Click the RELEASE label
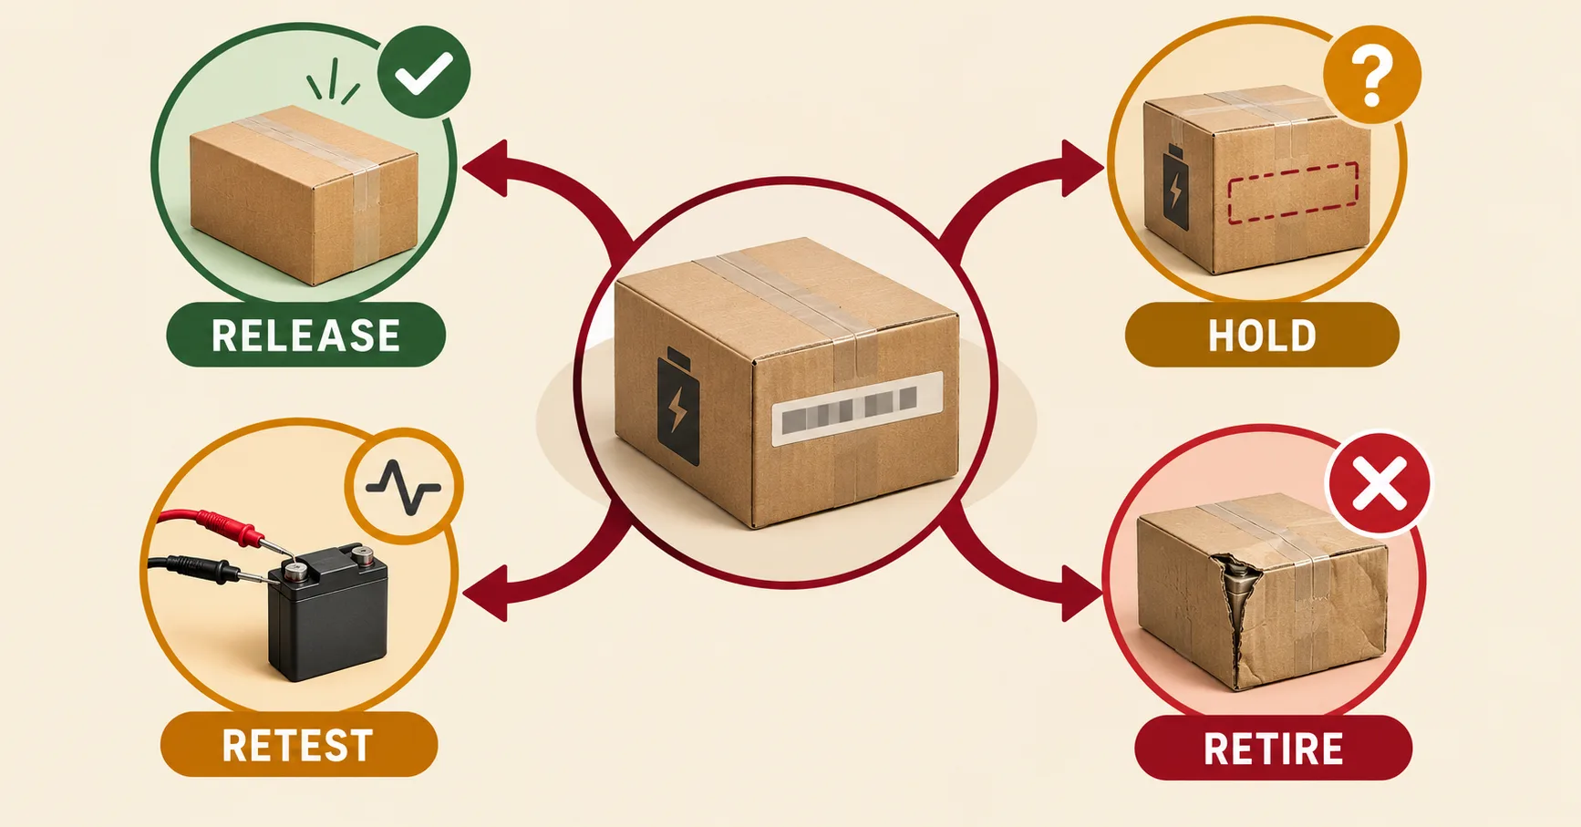(x=305, y=335)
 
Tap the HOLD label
(x=1262, y=336)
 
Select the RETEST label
(x=299, y=745)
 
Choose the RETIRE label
(x=1273, y=749)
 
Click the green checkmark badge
(x=424, y=72)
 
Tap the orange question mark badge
(x=1372, y=75)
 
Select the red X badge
(x=1379, y=483)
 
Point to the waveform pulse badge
(x=404, y=487)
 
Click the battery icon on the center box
(x=678, y=407)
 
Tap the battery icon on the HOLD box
(x=1175, y=187)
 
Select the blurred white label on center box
(x=857, y=408)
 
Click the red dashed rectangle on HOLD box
(x=1293, y=191)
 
